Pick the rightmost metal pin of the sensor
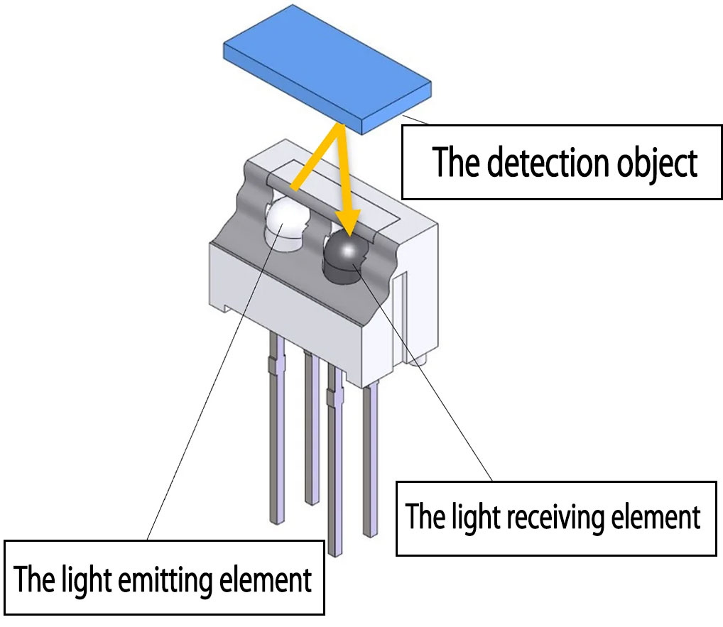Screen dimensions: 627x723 tap(370, 462)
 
